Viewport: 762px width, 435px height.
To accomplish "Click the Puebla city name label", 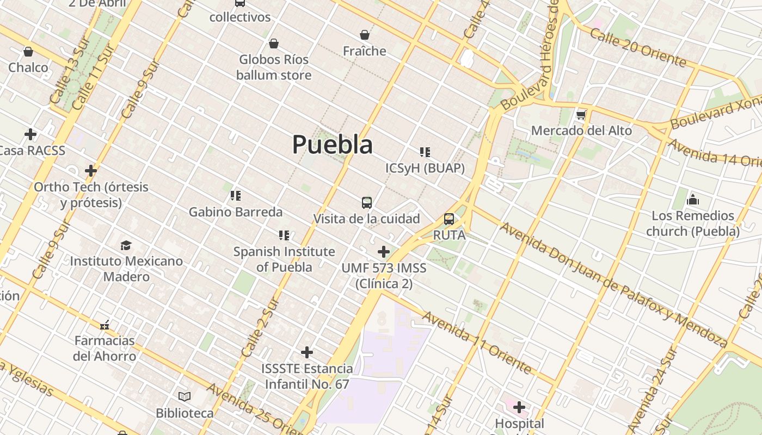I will coord(333,145).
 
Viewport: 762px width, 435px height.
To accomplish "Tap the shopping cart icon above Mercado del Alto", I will coord(581,115).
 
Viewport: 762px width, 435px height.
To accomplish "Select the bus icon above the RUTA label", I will coord(449,219).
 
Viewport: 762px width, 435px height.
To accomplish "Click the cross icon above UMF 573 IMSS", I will coord(384,252).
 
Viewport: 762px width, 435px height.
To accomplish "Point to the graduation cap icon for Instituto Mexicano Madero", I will coord(126,245).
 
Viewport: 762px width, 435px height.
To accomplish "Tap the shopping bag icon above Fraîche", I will coord(365,35).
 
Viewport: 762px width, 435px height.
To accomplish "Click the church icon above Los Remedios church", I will coord(693,200).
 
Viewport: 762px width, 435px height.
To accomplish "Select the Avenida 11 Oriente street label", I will coord(477,343).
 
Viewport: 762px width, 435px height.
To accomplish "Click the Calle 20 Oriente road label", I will coord(637,48).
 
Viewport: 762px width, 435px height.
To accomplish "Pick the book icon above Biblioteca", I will coord(185,397).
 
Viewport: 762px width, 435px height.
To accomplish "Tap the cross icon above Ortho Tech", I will coord(91,171).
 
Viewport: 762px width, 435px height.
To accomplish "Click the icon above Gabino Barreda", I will coord(236,196).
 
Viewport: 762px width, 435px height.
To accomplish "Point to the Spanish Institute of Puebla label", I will coord(284,259).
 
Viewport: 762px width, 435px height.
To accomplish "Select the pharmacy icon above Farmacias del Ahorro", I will coord(105,325).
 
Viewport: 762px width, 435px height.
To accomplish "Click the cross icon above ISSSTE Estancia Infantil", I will coord(307,352).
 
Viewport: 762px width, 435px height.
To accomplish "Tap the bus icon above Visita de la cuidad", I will coord(367,203).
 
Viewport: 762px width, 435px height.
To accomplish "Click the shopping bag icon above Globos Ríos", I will coord(274,43).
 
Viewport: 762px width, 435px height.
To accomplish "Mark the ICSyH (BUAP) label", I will coord(425,169).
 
